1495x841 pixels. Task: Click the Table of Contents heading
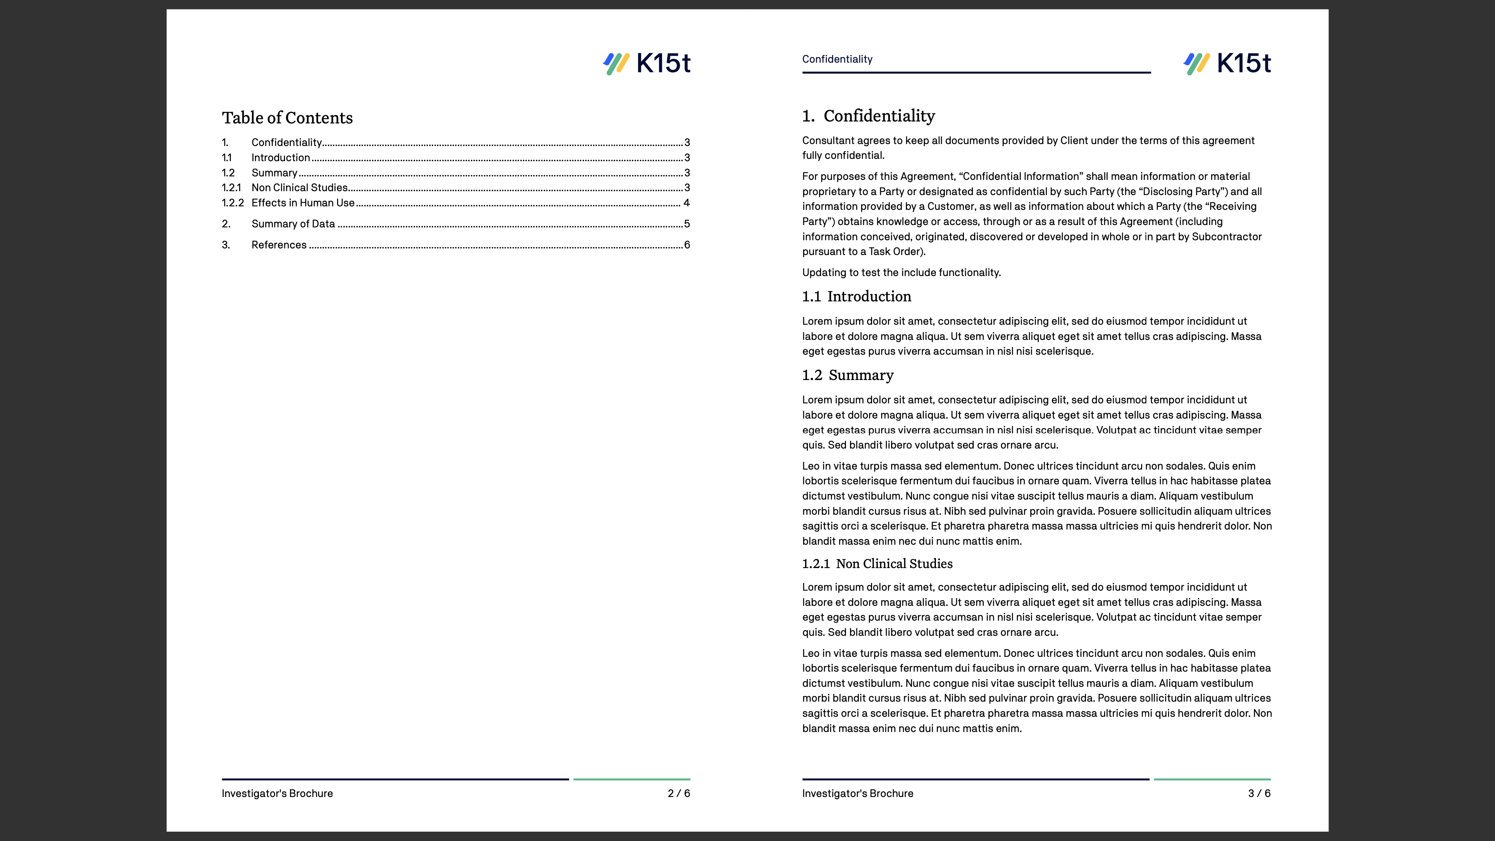[287, 118]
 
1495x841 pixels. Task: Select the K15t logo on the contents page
[647, 63]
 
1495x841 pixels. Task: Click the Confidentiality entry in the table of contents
[286, 142]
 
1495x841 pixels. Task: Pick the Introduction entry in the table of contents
[280, 157]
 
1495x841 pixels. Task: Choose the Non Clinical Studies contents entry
[299, 187]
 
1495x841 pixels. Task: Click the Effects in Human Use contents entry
[303, 202]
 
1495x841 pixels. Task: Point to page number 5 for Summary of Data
[686, 223]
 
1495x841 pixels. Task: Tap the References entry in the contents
[279, 245]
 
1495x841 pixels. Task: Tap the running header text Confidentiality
[837, 59]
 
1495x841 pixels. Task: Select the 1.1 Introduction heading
[857, 297]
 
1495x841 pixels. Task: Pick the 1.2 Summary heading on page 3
[848, 375]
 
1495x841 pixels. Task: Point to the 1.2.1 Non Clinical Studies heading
[877, 563]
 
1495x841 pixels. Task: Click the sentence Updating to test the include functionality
[901, 272]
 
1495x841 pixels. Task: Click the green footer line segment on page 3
[1212, 779]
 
